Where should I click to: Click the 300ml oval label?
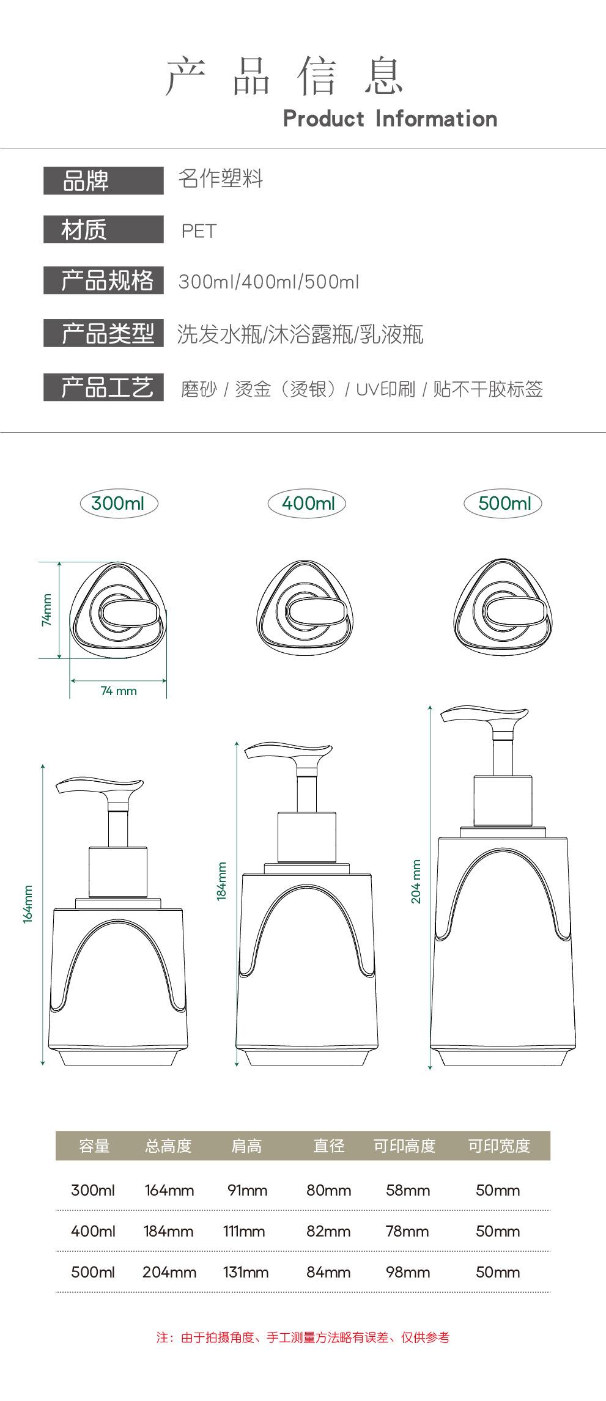pos(119,504)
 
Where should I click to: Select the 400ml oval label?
pos(307,504)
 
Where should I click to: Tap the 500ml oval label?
pos(503,504)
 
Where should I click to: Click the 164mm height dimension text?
pos(28,904)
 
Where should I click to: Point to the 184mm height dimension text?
pos(221,881)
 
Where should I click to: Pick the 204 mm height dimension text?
pos(416,881)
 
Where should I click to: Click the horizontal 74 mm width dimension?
pos(119,691)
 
